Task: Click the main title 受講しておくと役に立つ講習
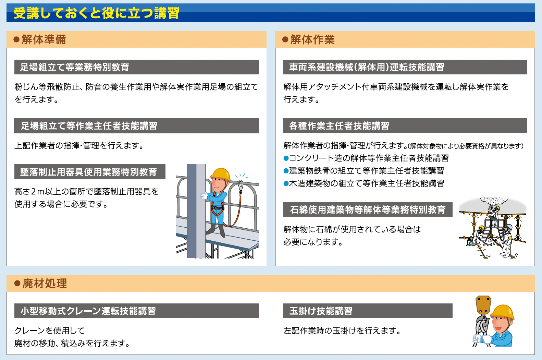click(x=96, y=13)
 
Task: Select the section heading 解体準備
click(x=44, y=39)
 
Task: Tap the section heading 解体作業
click(x=312, y=39)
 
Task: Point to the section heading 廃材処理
click(x=45, y=284)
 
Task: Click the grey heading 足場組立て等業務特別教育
click(x=75, y=67)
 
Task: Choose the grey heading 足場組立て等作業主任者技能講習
click(x=89, y=126)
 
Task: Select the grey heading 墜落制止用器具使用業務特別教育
click(x=88, y=172)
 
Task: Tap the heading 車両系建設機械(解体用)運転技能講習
click(x=366, y=67)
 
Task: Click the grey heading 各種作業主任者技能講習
click(x=339, y=126)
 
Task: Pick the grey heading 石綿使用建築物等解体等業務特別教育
click(x=368, y=209)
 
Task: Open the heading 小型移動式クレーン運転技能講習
click(x=88, y=311)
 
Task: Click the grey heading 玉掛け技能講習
click(x=321, y=311)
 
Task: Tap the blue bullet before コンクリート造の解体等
click(x=286, y=158)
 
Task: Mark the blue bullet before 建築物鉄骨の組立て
click(x=286, y=171)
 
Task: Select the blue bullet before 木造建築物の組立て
click(x=286, y=184)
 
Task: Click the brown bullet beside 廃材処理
click(x=17, y=284)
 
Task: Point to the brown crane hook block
click(x=483, y=305)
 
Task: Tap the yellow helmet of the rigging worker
click(x=502, y=312)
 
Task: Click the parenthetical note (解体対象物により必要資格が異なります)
click(x=466, y=146)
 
